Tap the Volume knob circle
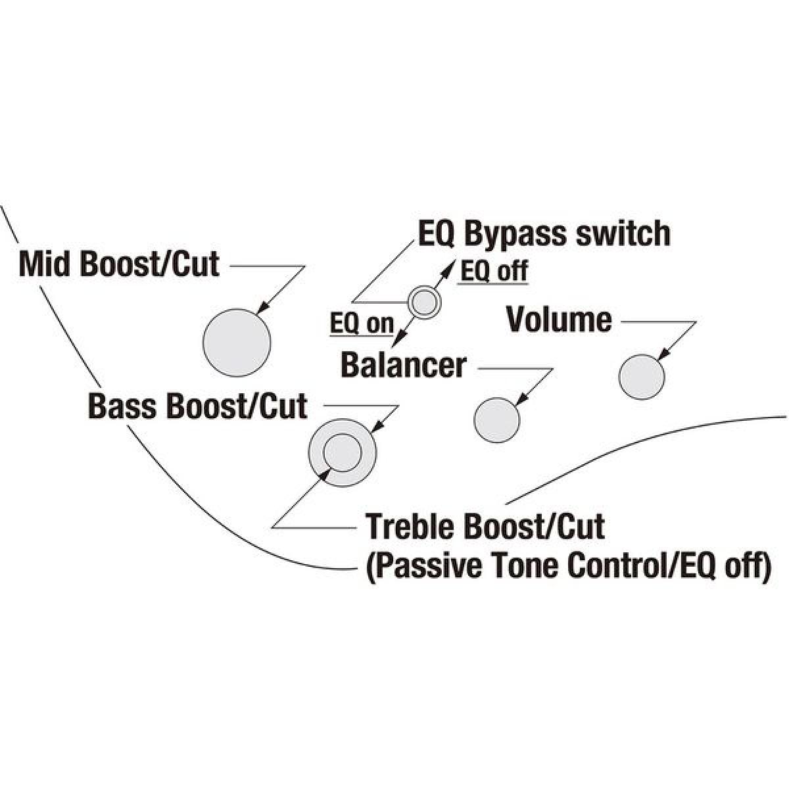pyautogui.click(x=642, y=376)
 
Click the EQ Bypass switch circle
pyautogui.click(x=424, y=303)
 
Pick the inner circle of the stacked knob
pyautogui.click(x=342, y=452)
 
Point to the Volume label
pyautogui.click(x=559, y=320)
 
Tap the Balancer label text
pyautogui.click(x=404, y=364)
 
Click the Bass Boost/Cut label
pyautogui.click(x=197, y=406)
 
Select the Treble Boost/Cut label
pyautogui.click(x=485, y=527)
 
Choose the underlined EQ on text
pyautogui.click(x=362, y=323)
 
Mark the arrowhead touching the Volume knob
pyautogui.click(x=663, y=355)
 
